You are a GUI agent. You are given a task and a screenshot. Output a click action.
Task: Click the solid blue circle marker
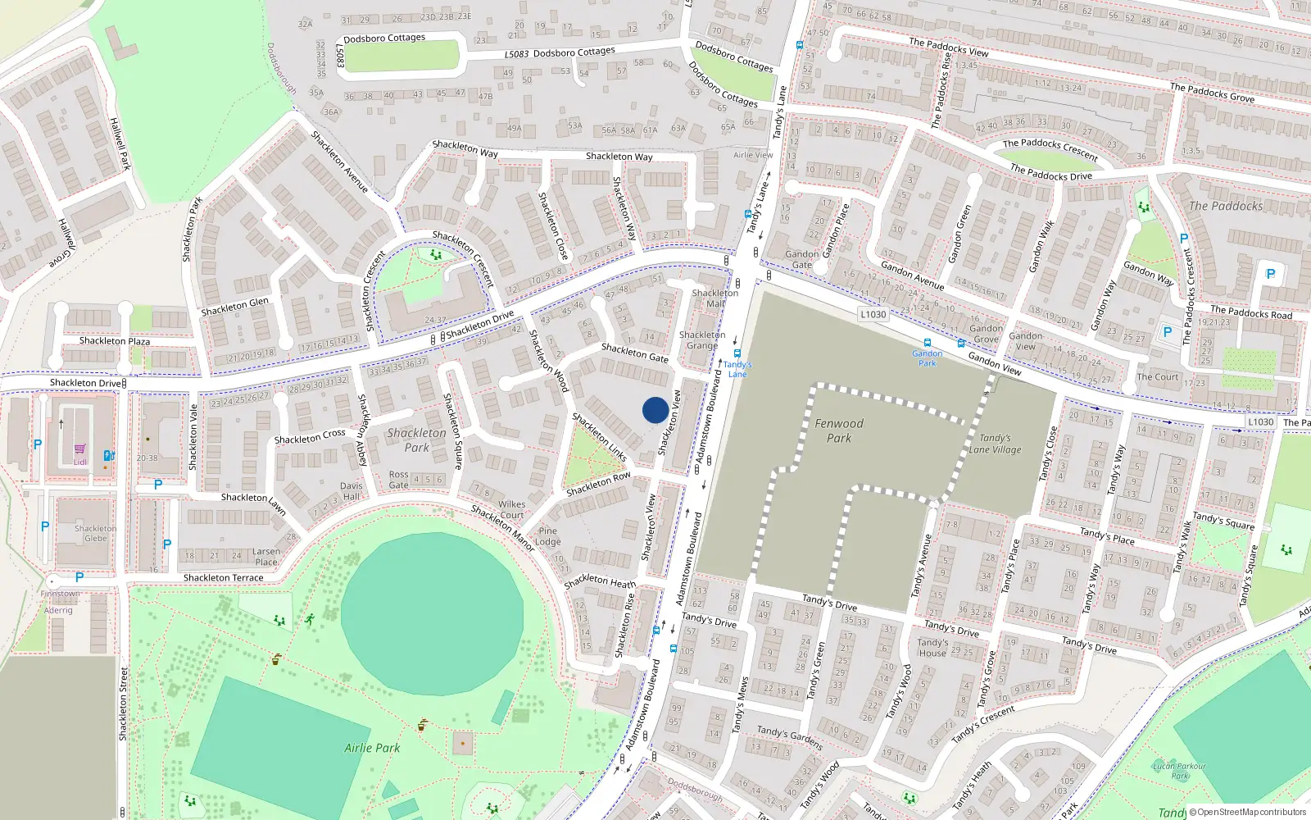pyautogui.click(x=655, y=410)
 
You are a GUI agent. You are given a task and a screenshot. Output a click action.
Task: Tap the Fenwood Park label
pyautogui.click(x=839, y=430)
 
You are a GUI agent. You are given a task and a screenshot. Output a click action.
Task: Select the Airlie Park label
pyautogui.click(x=372, y=748)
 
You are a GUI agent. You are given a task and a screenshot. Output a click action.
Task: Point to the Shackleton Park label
pyautogui.click(x=417, y=440)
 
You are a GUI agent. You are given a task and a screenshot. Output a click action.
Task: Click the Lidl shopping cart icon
pyautogui.click(x=80, y=449)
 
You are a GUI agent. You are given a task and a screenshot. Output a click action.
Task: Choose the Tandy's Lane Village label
pyautogui.click(x=995, y=444)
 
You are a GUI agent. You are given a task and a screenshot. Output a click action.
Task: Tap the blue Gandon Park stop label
pyautogui.click(x=927, y=358)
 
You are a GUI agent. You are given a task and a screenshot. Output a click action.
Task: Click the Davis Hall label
pyautogui.click(x=352, y=491)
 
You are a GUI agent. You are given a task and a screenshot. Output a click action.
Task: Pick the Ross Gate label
pyautogui.click(x=399, y=480)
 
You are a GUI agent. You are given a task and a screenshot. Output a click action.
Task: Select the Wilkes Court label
pyautogui.click(x=511, y=510)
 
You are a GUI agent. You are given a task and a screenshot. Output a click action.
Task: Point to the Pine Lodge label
pyautogui.click(x=548, y=536)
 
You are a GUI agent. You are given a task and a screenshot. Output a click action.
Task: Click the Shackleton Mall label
pyautogui.click(x=715, y=298)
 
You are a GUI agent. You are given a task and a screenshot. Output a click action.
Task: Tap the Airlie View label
pyautogui.click(x=753, y=155)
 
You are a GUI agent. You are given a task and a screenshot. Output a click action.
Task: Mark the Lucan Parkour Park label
pyautogui.click(x=1180, y=771)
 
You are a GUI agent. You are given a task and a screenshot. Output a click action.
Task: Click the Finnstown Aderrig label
pyautogui.click(x=60, y=602)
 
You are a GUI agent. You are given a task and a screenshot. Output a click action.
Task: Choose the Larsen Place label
pyautogui.click(x=266, y=557)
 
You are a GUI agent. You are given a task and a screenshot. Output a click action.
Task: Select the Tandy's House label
pyautogui.click(x=932, y=648)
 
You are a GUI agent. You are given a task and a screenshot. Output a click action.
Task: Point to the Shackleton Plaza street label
pyautogui.click(x=115, y=341)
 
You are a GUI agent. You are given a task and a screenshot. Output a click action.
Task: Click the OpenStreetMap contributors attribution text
pyautogui.click(x=1251, y=813)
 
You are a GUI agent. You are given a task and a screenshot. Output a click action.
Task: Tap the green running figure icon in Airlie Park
pyautogui.click(x=310, y=620)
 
